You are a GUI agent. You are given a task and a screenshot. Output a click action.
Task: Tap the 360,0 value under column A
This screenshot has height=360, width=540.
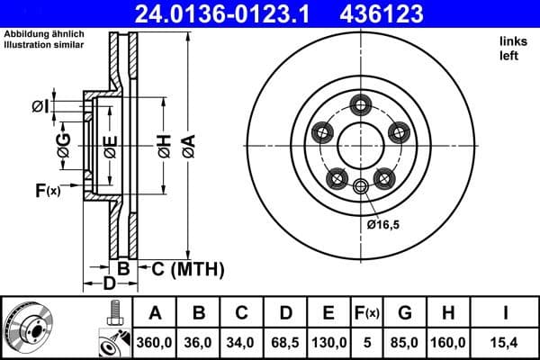[156, 342]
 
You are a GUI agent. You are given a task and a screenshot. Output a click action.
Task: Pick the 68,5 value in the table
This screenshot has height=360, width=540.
[285, 342]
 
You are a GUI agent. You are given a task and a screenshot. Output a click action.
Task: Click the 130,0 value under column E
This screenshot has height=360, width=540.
[328, 342]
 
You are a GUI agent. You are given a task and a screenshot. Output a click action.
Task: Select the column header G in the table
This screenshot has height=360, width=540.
[405, 313]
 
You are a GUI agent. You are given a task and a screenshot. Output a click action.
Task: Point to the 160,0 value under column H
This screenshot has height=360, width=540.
[449, 342]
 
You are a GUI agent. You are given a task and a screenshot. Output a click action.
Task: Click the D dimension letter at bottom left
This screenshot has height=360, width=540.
[108, 285]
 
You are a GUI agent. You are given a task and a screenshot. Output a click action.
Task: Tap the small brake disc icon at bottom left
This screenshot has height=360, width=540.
[29, 328]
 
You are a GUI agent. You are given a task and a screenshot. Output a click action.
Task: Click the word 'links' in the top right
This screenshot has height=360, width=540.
[511, 41]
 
